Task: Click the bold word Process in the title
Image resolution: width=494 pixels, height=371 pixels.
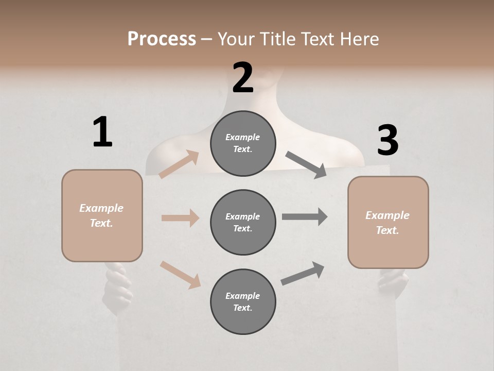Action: tap(162, 39)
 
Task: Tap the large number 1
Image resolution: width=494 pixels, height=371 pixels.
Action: tap(102, 132)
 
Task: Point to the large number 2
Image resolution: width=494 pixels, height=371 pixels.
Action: tap(243, 77)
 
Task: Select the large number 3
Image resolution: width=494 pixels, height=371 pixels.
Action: tap(387, 140)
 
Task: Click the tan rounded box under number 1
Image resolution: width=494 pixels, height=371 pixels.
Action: tap(102, 215)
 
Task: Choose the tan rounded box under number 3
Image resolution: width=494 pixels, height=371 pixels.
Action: tap(388, 222)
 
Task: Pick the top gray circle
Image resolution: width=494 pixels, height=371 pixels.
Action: tap(243, 143)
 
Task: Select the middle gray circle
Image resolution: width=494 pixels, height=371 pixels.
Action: tap(243, 222)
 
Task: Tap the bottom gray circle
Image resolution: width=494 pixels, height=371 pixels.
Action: tap(243, 301)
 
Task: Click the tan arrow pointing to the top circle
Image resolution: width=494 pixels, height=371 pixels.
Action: tap(179, 164)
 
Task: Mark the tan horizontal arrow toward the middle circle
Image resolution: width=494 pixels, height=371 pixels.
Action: tap(180, 218)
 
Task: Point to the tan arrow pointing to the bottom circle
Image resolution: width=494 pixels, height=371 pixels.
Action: tap(180, 275)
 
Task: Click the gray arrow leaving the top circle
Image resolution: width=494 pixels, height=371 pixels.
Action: tap(306, 165)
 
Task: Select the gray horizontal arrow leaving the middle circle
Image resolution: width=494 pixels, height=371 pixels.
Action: tap(305, 217)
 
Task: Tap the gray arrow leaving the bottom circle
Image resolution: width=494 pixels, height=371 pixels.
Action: tap(303, 273)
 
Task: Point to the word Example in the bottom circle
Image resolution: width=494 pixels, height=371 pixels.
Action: tap(243, 296)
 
